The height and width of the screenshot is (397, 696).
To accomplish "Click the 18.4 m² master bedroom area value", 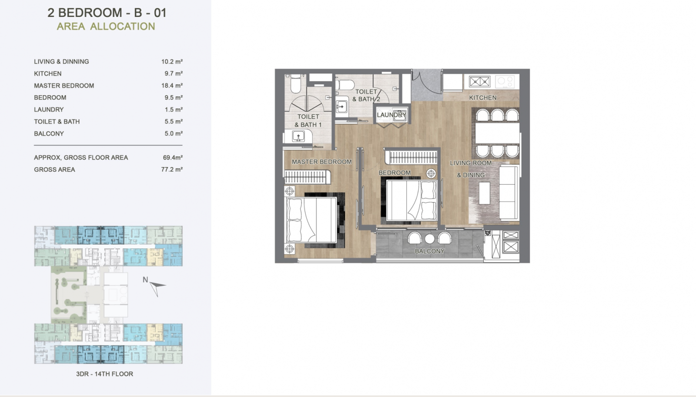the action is [172, 85].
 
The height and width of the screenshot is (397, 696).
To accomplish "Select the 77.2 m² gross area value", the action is [172, 170].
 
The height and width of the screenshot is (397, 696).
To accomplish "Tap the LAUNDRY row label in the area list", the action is [49, 110].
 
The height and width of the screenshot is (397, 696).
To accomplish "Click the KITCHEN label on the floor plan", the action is [482, 97].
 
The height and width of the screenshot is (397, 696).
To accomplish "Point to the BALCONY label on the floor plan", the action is [429, 251].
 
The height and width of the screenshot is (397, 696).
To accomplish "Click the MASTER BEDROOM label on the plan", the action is [321, 162].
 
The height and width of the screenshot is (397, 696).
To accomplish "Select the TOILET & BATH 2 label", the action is [366, 95].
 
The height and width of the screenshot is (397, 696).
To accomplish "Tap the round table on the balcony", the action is [429, 239].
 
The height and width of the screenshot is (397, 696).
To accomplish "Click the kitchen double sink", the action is [479, 82].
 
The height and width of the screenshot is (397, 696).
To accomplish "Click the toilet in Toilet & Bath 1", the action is [295, 83].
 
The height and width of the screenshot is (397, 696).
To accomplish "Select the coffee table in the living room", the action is [484, 193].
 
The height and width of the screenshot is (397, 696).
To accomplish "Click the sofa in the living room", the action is [509, 193].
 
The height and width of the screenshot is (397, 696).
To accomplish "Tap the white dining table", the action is [497, 133].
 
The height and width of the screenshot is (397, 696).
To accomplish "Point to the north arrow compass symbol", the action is [157, 287].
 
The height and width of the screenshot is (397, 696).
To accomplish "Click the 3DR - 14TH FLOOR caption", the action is [104, 374].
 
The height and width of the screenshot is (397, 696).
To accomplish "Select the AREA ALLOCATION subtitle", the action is [106, 27].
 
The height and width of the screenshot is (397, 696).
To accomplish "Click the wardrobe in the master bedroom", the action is [307, 177].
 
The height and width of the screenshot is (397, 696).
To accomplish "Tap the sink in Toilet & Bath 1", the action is [298, 136].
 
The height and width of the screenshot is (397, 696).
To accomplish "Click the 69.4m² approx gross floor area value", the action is [173, 157].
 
